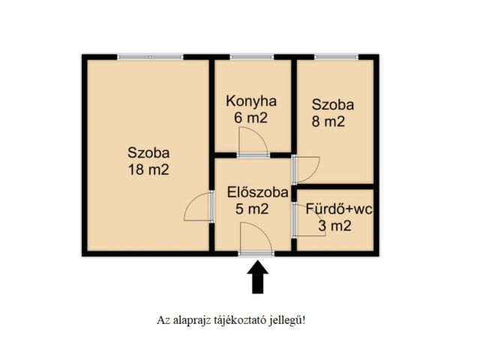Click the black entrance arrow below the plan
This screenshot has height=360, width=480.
point(257,276)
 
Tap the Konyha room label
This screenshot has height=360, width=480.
point(252,101)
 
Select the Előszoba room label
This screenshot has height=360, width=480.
point(258,193)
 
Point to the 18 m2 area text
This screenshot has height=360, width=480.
point(148,169)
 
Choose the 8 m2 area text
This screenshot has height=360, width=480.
point(329,122)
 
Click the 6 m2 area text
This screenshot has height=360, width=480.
point(251,118)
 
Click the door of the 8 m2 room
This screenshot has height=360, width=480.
point(306,168)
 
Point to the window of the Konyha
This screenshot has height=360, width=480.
point(251,56)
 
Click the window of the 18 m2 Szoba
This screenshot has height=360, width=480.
point(150,56)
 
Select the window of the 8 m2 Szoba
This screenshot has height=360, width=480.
point(336,56)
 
